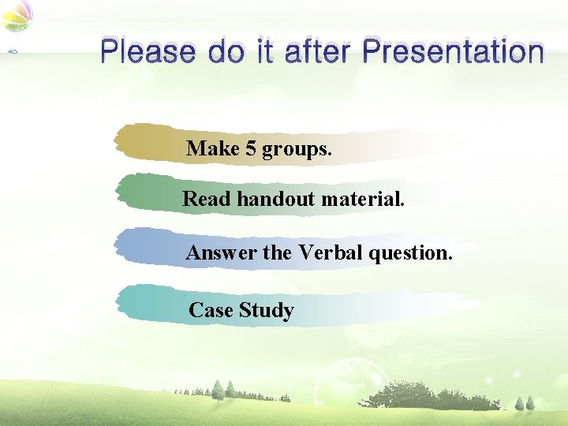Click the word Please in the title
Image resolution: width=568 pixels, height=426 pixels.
[148, 53]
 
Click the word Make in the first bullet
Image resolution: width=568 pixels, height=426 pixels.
[212, 149]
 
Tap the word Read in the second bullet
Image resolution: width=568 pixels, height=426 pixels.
[207, 200]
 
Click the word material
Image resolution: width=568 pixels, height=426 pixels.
[364, 200]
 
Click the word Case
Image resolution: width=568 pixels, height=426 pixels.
[211, 311]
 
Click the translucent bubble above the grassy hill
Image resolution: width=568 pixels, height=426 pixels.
[347, 375]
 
